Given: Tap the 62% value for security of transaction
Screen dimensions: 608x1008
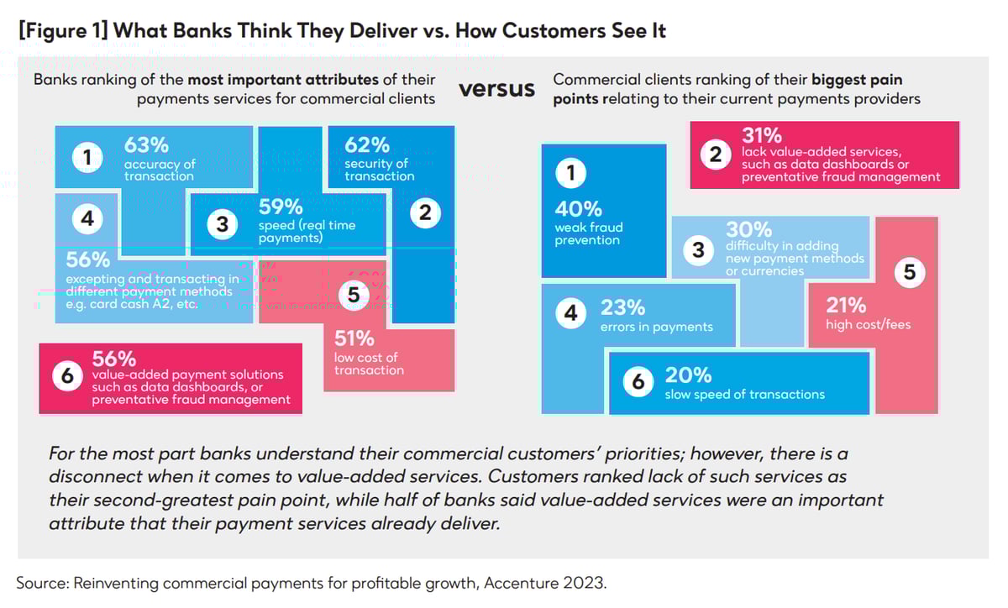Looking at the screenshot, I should point(367,144).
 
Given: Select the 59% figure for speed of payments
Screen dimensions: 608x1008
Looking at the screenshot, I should point(281,207).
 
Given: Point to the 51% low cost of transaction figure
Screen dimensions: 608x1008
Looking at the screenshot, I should point(354,338).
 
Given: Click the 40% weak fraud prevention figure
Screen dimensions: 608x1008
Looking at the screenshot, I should point(578,209).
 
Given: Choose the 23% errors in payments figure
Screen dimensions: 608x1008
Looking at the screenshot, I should point(622,307).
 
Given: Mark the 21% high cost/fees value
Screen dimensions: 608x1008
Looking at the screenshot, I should point(846,306).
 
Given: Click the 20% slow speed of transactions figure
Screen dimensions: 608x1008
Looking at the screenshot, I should point(688,375).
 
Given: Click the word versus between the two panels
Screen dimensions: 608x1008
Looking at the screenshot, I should point(496,89).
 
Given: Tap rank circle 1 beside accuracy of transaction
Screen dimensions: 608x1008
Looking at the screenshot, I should point(87,157).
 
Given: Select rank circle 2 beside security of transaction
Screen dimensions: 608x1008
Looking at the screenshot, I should point(425,213).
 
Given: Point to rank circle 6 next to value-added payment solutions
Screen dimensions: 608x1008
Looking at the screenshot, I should point(68,377).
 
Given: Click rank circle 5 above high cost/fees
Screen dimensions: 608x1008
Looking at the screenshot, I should point(910,272).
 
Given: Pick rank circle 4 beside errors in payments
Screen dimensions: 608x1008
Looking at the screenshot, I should point(571,314).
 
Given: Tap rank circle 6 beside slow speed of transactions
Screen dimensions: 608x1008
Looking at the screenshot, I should point(638,382).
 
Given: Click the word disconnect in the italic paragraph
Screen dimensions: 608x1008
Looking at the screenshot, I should point(98,476).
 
